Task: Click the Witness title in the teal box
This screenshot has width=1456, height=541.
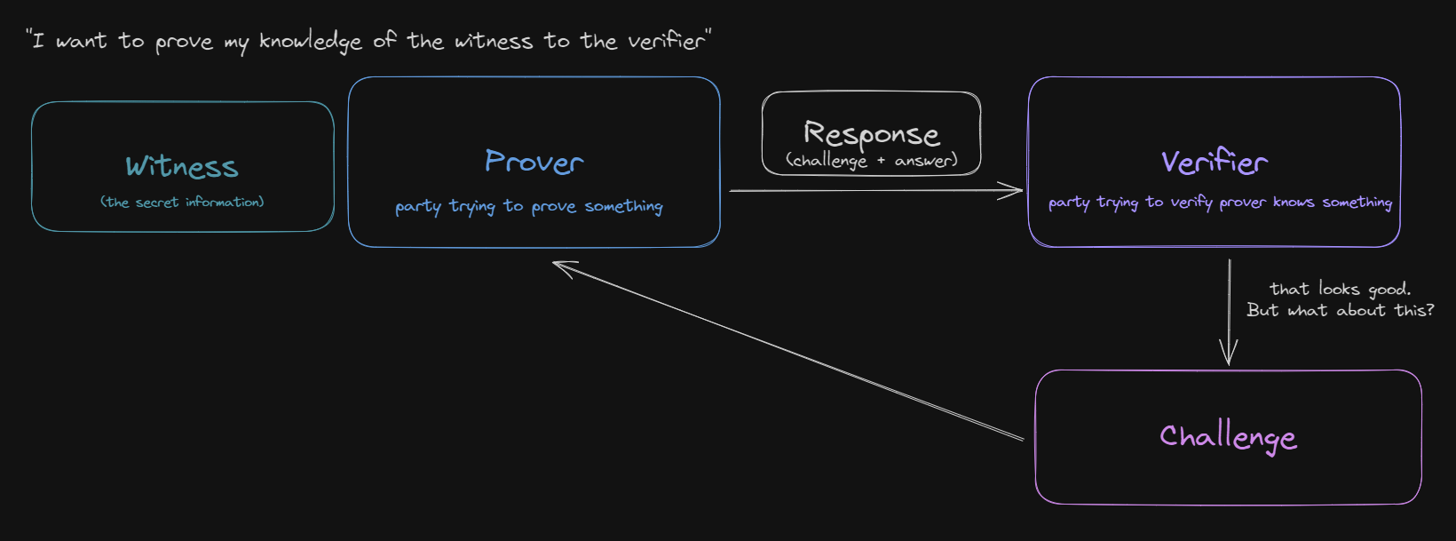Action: coord(182,166)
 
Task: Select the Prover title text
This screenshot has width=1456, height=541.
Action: coord(534,162)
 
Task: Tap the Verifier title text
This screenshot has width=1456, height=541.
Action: coord(1215,162)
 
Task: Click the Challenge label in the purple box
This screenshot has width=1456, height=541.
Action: coord(1229,437)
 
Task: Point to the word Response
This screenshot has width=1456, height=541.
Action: coord(872,134)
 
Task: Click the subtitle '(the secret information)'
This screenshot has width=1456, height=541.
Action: coord(182,203)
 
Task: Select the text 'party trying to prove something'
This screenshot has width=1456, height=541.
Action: coord(529,207)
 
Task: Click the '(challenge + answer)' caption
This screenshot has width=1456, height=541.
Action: coord(872,161)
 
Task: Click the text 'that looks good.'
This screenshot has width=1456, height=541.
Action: coord(1341,289)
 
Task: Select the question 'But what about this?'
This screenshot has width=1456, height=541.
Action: coord(1341,310)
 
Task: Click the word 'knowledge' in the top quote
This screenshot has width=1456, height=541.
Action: coord(310,42)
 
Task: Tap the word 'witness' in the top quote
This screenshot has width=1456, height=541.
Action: coord(494,42)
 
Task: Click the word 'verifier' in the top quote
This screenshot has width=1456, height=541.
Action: coord(666,41)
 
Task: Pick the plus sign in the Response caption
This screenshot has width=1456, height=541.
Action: coord(881,161)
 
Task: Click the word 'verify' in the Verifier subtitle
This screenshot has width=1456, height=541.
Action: coord(1191,203)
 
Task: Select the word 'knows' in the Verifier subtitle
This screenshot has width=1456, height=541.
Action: coord(1294,203)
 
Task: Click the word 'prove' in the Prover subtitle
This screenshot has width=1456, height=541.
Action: coord(554,207)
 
